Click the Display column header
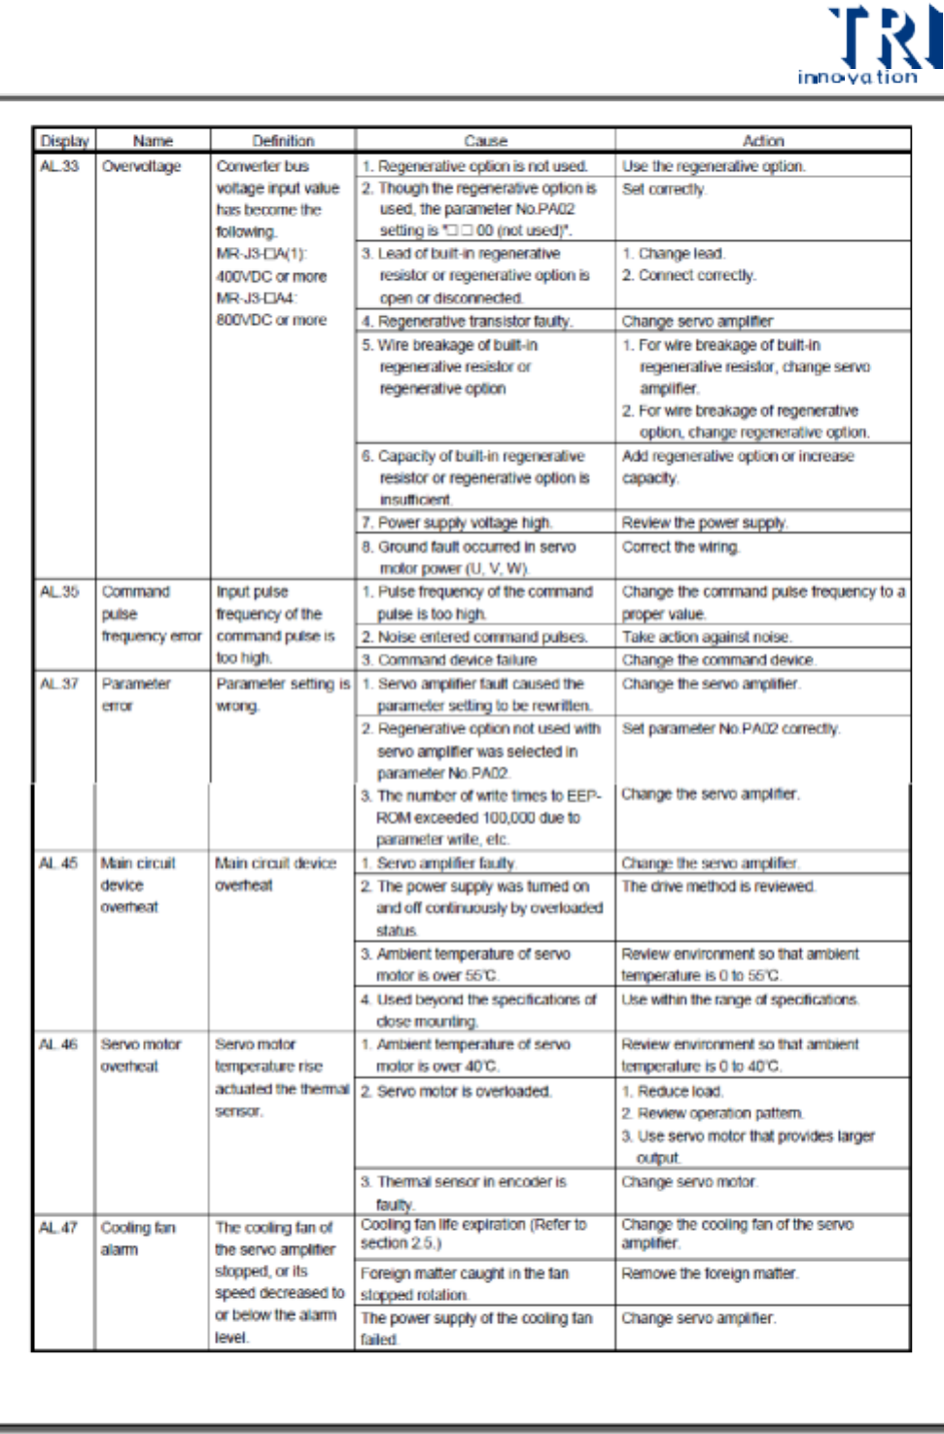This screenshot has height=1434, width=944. (64, 141)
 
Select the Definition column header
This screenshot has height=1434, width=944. (283, 141)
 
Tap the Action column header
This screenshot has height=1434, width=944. (763, 141)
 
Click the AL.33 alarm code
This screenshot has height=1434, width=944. (59, 166)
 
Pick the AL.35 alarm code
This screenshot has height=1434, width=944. (59, 592)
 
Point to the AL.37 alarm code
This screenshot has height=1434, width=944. (59, 684)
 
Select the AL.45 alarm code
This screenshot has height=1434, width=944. (58, 863)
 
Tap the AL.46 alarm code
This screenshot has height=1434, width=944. (58, 1044)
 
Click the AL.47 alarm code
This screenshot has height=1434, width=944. (58, 1228)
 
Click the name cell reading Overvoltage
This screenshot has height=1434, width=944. (141, 166)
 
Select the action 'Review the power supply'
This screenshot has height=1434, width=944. (705, 523)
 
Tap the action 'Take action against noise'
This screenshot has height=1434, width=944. (707, 637)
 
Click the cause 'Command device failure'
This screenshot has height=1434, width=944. (457, 660)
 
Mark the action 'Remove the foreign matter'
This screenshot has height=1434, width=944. (710, 1274)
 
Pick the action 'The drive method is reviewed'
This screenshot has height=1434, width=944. (718, 887)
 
